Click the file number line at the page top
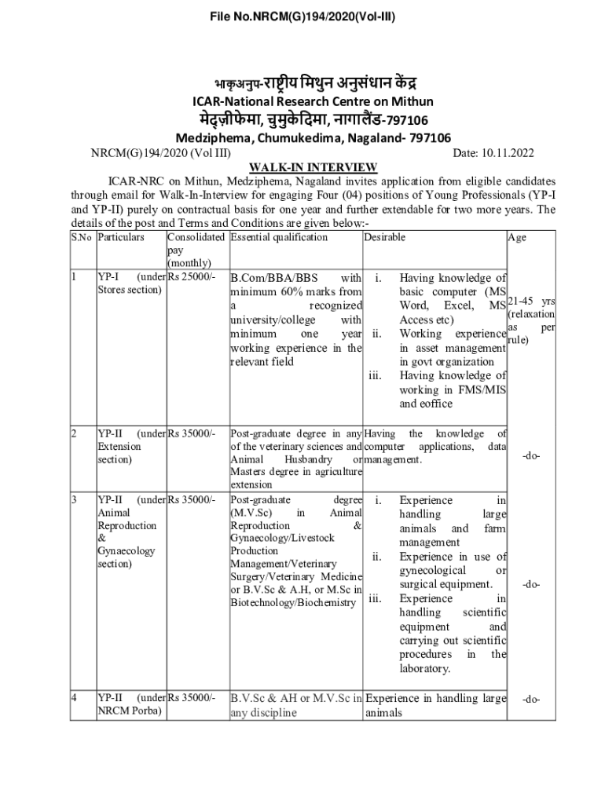click(x=302, y=16)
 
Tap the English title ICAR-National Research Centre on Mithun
click(x=302, y=101)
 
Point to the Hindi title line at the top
click(x=302, y=82)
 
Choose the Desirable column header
click(x=385, y=236)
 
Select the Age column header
click(x=517, y=239)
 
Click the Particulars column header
click(x=121, y=236)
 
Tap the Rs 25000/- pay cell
click(x=191, y=277)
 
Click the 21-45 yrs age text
click(x=532, y=301)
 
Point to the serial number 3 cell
click(x=74, y=500)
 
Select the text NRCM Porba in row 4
click(x=130, y=712)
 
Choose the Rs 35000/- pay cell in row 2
click(x=191, y=433)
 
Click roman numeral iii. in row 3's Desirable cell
click(x=375, y=598)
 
